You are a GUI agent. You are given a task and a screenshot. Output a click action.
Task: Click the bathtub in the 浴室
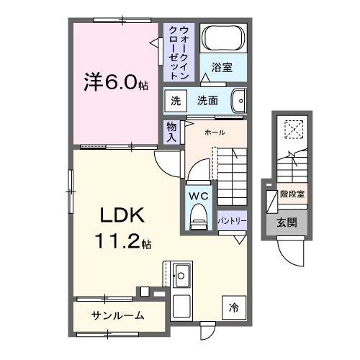pos(223,37)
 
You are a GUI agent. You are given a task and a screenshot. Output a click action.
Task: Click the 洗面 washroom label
pos(208,101)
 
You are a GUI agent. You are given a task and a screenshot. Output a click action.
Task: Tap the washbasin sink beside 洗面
pos(240,100)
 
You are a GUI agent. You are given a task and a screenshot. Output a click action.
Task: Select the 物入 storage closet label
pos(171,131)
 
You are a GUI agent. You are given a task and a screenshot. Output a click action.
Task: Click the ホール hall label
pos(214,132)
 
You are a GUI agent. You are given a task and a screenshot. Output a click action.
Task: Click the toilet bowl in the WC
pos(197,217)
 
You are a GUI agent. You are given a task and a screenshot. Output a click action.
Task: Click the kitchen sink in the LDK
pos(181,274)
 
